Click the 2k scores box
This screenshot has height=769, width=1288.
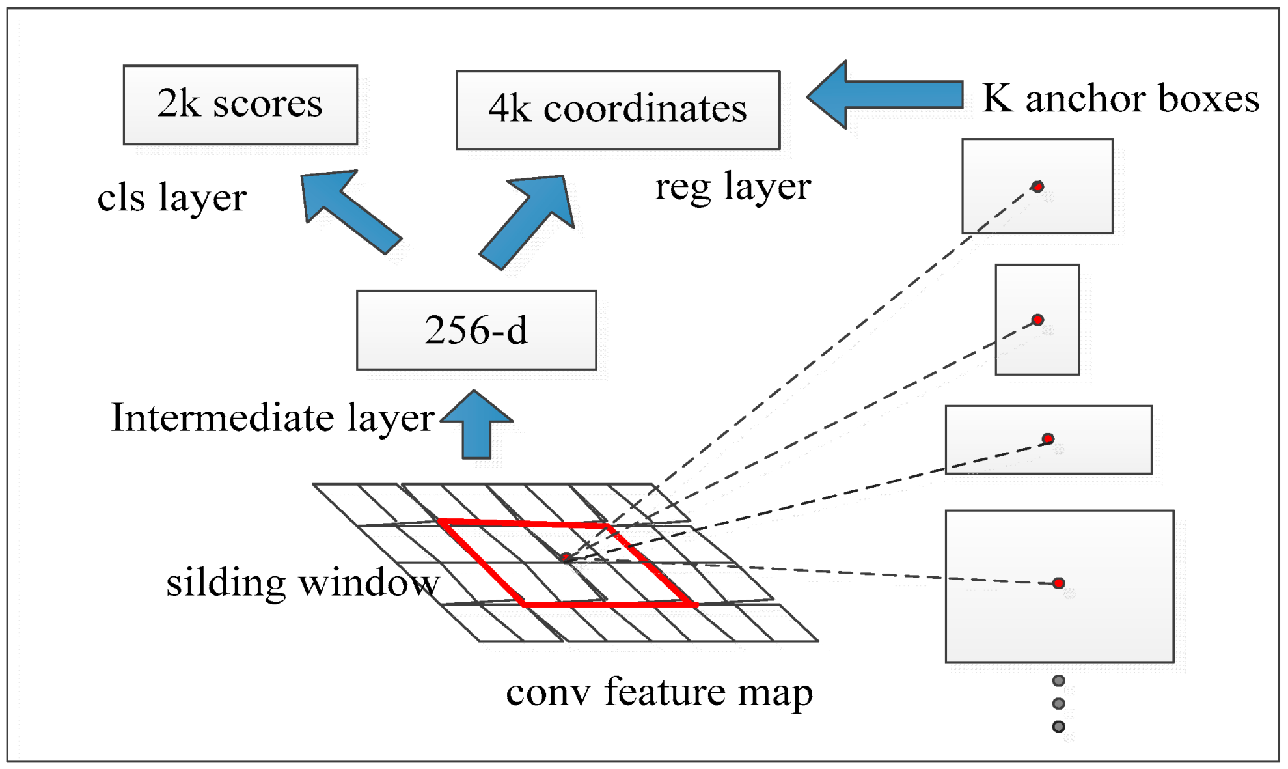click(x=240, y=105)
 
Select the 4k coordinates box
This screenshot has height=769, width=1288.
click(x=618, y=110)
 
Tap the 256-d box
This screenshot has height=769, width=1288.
click(x=476, y=330)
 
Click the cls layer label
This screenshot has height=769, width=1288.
click(x=172, y=197)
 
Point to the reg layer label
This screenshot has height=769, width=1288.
click(x=733, y=187)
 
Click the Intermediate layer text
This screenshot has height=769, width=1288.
click(x=272, y=417)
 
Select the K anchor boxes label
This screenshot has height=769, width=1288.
click(x=1120, y=98)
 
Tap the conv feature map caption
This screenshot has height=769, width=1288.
click(x=659, y=692)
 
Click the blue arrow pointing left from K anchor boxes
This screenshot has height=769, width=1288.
click(x=885, y=95)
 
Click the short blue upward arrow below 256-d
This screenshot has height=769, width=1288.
click(x=477, y=426)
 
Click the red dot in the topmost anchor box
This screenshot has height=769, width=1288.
click(x=1038, y=187)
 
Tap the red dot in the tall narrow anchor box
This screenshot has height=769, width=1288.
click(x=1038, y=320)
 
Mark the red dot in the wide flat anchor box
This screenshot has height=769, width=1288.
click(x=1048, y=439)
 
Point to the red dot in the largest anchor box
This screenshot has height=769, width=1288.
click(x=1059, y=583)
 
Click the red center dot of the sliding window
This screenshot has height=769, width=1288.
click(x=566, y=557)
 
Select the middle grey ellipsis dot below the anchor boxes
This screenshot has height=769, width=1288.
click(x=1059, y=704)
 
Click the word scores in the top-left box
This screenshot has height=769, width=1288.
click(x=267, y=104)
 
